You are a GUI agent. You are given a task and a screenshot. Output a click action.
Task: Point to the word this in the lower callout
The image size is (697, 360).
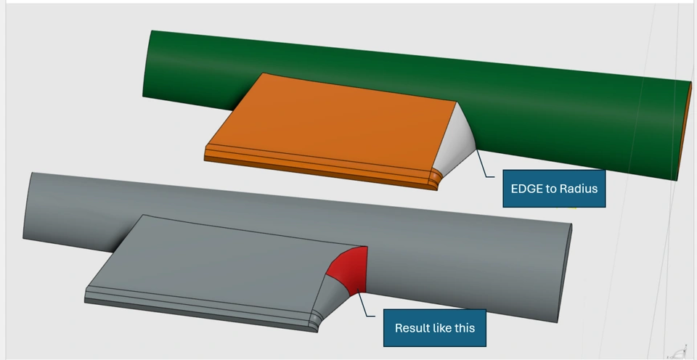[465, 328]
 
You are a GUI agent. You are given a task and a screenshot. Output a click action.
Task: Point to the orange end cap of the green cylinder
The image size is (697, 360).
[688, 131]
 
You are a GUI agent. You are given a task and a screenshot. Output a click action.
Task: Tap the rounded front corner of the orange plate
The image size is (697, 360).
[433, 179]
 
